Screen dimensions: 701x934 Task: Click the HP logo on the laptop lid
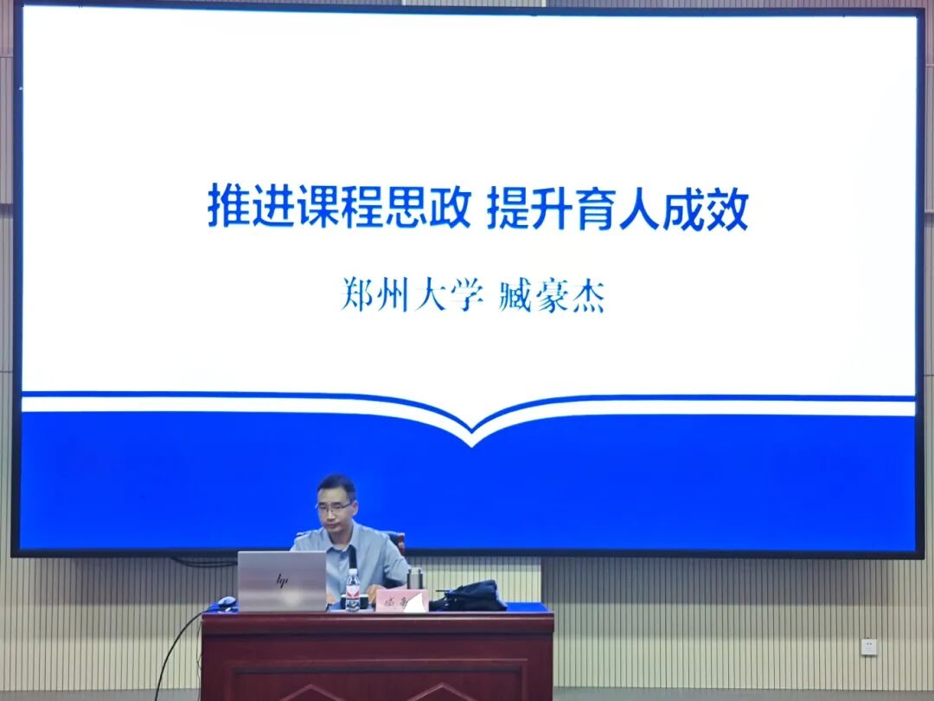(x=281, y=580)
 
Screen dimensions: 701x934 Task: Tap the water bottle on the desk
(x=352, y=590)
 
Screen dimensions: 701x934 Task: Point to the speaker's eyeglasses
(x=334, y=507)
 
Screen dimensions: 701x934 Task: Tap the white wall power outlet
(x=868, y=646)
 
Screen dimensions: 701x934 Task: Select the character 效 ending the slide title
(x=727, y=209)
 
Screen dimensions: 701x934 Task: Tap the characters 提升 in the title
(x=529, y=209)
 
